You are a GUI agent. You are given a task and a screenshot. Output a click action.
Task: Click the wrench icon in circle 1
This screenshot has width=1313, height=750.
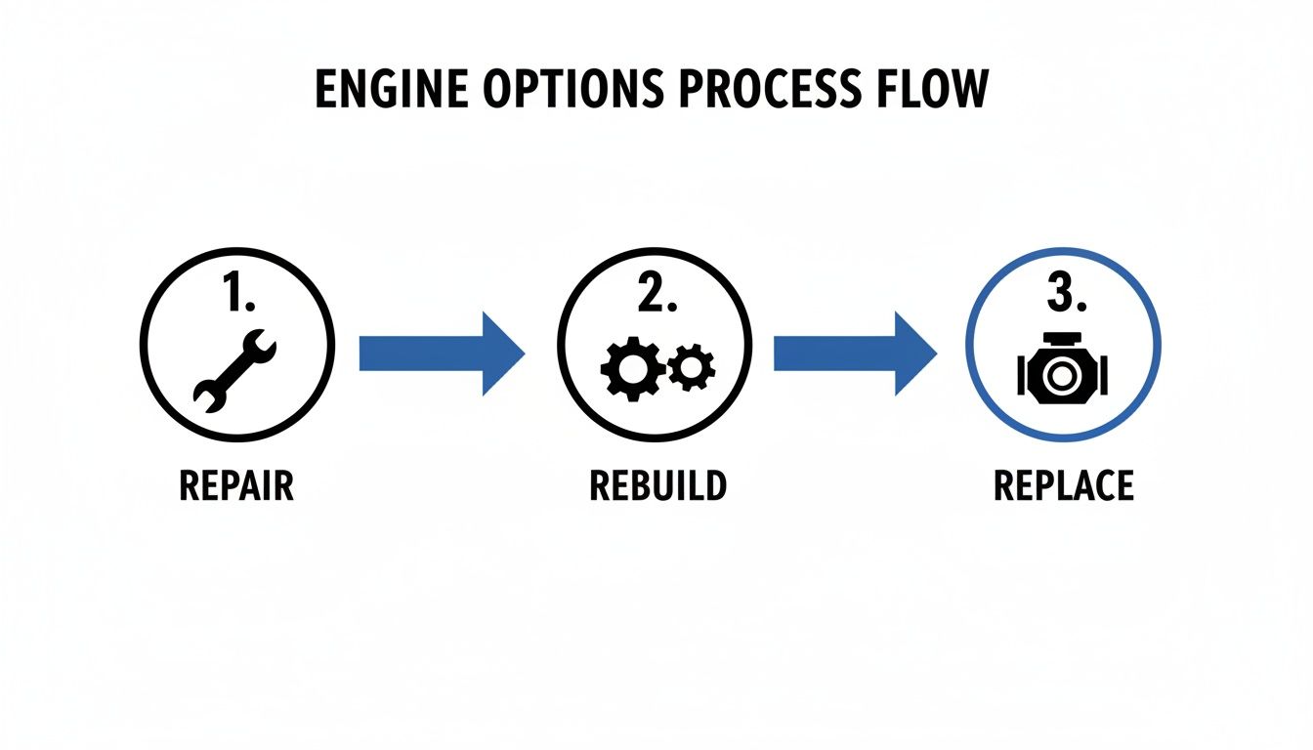click(x=236, y=367)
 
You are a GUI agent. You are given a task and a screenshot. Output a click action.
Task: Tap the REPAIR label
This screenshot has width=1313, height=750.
click(x=236, y=485)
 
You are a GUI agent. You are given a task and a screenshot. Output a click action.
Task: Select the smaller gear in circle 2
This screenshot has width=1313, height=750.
click(x=692, y=366)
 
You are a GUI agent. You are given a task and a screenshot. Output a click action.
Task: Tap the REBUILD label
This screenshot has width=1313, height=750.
click(x=657, y=485)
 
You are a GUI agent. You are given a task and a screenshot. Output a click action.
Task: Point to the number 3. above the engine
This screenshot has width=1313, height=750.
click(x=1065, y=294)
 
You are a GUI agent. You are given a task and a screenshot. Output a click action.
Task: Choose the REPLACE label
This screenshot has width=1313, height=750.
click(x=1063, y=485)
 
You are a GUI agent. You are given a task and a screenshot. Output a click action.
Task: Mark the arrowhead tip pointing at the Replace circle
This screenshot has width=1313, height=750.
click(x=936, y=354)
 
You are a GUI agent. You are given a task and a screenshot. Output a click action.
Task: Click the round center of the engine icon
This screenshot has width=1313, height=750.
click(x=1063, y=377)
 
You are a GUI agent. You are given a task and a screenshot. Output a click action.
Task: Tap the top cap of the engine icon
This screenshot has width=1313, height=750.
click(x=1063, y=339)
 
